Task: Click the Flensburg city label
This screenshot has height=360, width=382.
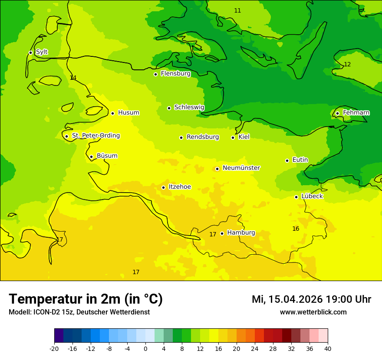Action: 175,74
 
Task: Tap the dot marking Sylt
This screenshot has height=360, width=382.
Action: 30,52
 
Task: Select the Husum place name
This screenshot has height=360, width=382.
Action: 128,113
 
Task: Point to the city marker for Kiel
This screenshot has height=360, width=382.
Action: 233,137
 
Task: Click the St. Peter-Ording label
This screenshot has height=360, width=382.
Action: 95,136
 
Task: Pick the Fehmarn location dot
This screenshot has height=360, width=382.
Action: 337,113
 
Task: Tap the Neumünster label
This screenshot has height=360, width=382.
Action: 241,168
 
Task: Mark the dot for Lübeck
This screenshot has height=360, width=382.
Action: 296,197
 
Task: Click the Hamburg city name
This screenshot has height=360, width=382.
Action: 241,232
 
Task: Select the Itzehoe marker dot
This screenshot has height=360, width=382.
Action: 163,187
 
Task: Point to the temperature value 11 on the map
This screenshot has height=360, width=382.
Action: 237,10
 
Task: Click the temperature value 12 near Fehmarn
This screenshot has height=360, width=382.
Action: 347,64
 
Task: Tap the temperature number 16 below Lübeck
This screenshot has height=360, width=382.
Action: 296,229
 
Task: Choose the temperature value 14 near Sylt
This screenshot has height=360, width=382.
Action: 73,78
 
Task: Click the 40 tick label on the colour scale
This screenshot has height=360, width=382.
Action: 328,349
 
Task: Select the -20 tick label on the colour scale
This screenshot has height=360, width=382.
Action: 54,349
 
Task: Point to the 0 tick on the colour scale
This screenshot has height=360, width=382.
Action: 145,349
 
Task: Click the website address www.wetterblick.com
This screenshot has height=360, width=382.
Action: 313,312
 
